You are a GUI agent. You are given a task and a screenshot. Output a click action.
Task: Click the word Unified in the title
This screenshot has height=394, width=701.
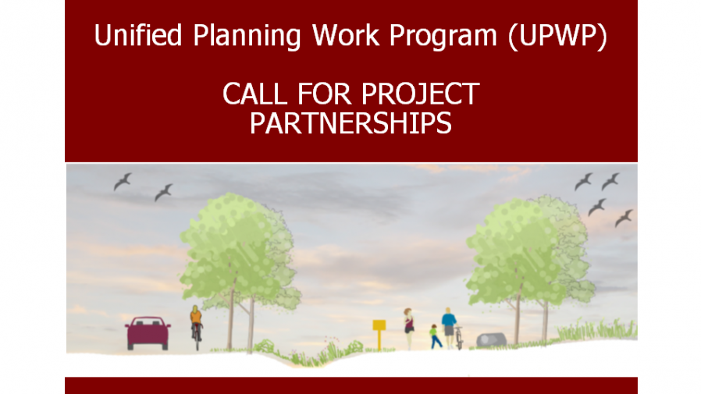pyautogui.click(x=138, y=35)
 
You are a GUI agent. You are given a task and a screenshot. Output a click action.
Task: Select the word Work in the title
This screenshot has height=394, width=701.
pyautogui.click(x=346, y=35)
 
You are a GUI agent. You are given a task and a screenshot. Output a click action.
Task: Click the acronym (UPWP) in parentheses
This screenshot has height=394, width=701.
pyautogui.click(x=558, y=36)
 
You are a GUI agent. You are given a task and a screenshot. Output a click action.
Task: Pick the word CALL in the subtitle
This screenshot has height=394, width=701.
pyautogui.click(x=254, y=94)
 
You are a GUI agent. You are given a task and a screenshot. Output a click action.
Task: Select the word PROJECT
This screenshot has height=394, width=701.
pyautogui.click(x=420, y=94)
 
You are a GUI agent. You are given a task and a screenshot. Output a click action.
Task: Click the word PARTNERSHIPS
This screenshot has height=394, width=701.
pyautogui.click(x=351, y=123)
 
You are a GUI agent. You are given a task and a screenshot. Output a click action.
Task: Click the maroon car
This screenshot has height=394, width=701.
pyautogui.click(x=148, y=333)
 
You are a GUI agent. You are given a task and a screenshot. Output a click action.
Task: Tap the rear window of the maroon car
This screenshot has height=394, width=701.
pyautogui.click(x=147, y=321)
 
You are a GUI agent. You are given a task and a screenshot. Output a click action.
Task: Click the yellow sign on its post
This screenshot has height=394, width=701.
pyautogui.click(x=379, y=333)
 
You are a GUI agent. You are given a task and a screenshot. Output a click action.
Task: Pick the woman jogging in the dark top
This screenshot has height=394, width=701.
pyautogui.click(x=408, y=328)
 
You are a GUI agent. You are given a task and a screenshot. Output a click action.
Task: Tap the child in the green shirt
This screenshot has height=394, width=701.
pyautogui.click(x=435, y=337)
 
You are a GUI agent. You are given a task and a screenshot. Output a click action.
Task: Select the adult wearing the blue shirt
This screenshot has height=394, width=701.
pyautogui.click(x=448, y=328)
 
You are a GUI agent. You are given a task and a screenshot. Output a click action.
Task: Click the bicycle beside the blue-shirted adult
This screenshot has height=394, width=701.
pyautogui.click(x=459, y=338)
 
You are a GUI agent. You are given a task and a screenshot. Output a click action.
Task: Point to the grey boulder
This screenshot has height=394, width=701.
pyautogui.click(x=491, y=340)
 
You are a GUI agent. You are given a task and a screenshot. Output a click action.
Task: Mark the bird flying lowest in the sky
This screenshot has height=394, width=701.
pyautogui.click(x=624, y=218)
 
